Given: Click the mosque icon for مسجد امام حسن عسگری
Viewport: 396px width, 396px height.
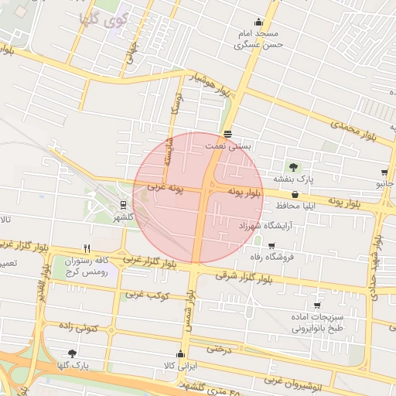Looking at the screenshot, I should [x=258, y=22].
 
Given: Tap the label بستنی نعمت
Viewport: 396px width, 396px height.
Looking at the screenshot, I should [x=227, y=145].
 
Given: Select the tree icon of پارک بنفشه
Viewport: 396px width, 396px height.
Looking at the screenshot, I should [x=293, y=166].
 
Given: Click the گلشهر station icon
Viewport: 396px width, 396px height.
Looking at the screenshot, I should [x=123, y=205].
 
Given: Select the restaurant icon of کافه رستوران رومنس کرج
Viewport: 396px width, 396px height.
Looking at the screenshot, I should [x=87, y=249].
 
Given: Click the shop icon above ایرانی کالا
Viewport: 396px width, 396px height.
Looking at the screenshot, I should [x=181, y=354].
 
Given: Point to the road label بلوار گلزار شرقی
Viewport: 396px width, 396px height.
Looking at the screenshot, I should [x=224, y=273].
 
